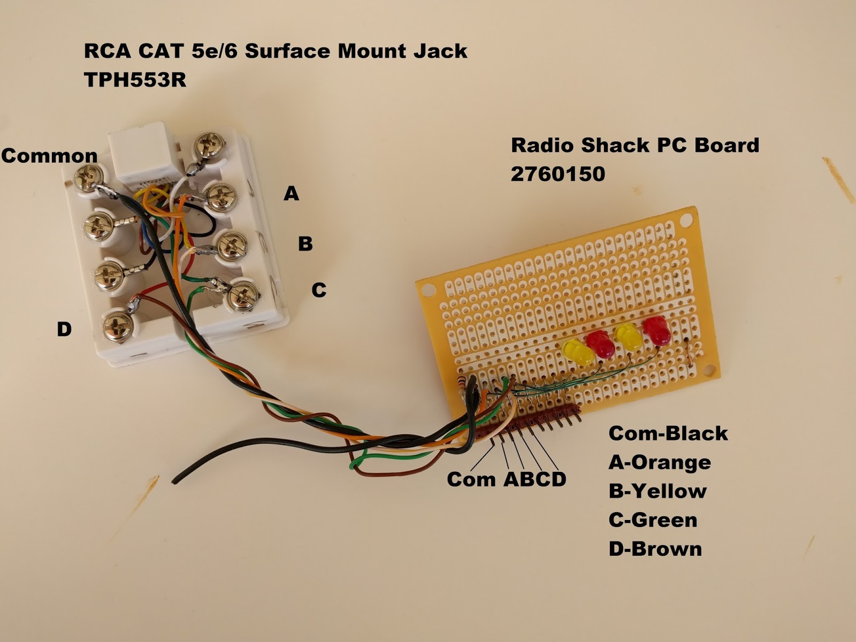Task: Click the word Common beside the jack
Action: [x=49, y=156]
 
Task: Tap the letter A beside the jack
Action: [x=291, y=193]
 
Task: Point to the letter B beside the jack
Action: [x=305, y=243]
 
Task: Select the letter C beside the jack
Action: [x=319, y=290]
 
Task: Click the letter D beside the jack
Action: [x=64, y=329]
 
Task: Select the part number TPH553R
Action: [x=135, y=80]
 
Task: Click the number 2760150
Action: [x=557, y=174]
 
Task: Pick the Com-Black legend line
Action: [x=668, y=433]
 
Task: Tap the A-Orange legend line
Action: [x=659, y=462]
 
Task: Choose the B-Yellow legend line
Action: [x=657, y=491]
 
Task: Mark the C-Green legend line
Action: [x=653, y=520]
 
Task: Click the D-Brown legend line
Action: [x=655, y=549]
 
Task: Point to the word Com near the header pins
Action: [x=471, y=479]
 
